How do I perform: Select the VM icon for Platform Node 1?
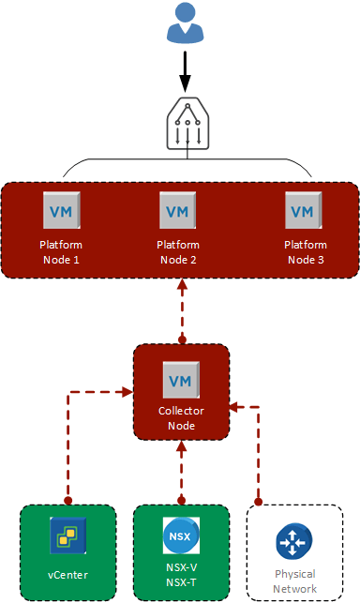point(60,211)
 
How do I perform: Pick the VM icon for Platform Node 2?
point(178,211)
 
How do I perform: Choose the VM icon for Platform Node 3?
point(301,211)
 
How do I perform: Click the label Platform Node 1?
point(60,251)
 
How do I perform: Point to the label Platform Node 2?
point(178,251)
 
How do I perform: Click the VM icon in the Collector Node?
point(180,379)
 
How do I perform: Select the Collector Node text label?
point(180,417)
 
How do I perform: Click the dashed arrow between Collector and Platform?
point(181,309)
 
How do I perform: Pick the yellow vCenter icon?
point(67,537)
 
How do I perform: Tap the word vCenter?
point(67,574)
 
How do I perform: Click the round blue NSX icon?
point(181,537)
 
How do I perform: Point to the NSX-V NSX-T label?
point(181,580)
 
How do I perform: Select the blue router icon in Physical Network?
point(293,543)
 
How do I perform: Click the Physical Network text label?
point(293,580)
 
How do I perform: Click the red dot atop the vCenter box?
point(67,501)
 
